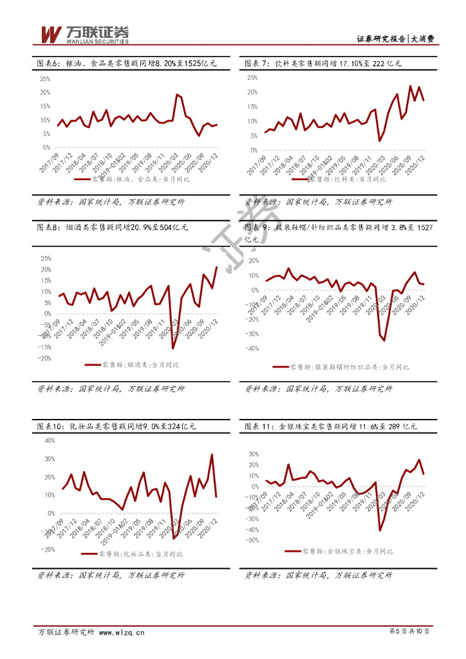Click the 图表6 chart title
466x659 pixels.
coord(126,63)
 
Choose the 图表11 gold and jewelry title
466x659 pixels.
coord(331,427)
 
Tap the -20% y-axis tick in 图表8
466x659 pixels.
coord(44,358)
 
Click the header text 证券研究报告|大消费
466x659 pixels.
coord(395,39)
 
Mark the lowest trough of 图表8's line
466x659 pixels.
coord(173,348)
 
